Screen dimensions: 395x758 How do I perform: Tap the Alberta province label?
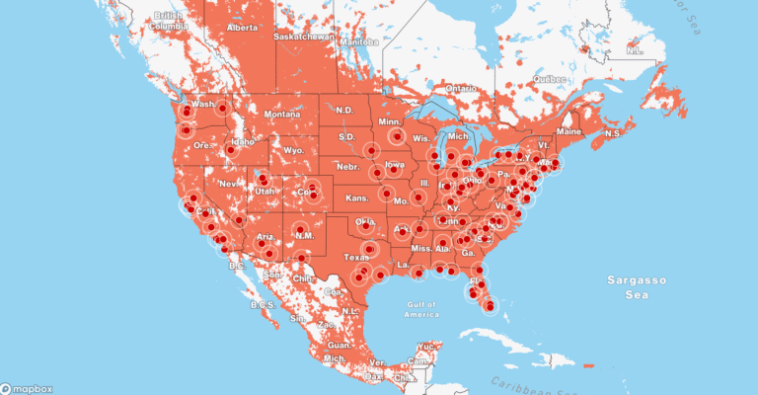point(242,28)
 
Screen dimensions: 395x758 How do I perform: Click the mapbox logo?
point(27,386)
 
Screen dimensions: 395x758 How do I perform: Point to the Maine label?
point(569,131)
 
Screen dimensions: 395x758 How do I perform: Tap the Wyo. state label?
point(293,149)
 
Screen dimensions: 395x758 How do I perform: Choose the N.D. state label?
point(344,110)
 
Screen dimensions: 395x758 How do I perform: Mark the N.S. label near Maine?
point(611,133)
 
